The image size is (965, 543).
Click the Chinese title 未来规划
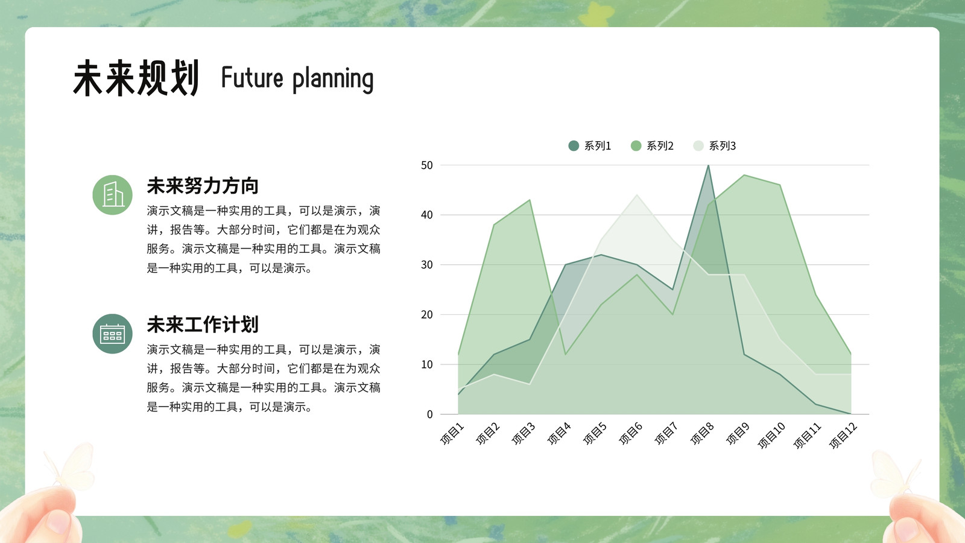tap(136, 78)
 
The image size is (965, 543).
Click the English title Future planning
tap(297, 79)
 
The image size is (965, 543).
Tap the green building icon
tap(112, 195)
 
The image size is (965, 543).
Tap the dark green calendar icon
tap(112, 334)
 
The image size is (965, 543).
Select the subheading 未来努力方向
tap(203, 186)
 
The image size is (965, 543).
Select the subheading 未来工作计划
tap(203, 325)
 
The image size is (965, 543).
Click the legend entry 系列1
tap(589, 145)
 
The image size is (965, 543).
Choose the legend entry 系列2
tap(652, 145)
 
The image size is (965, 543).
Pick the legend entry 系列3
tap(714, 145)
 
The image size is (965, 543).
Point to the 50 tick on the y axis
tap(426, 165)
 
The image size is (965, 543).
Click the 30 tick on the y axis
tap(426, 265)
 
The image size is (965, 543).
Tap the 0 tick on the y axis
tap(429, 414)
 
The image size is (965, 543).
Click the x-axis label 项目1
tap(452, 434)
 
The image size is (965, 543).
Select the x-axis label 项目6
tap(631, 434)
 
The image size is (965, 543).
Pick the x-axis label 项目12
tap(844, 436)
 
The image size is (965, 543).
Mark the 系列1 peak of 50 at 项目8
tap(708, 165)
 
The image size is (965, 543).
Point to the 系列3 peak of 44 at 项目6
tap(637, 195)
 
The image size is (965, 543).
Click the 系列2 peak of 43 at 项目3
tap(530, 200)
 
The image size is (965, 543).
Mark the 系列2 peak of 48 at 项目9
tap(744, 175)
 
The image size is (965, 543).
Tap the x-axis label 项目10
tap(771, 436)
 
